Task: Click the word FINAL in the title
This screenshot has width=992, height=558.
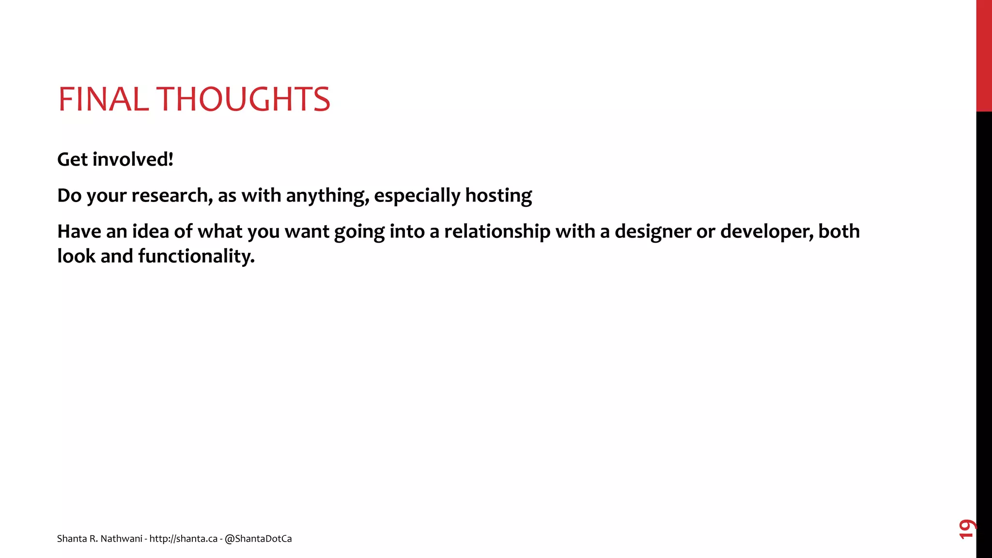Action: (x=103, y=99)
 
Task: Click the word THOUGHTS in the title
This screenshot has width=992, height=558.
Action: (x=244, y=99)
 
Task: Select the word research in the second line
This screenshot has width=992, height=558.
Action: (x=172, y=196)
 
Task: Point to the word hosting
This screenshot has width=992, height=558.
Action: (x=498, y=196)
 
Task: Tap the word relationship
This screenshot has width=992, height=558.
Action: (x=497, y=232)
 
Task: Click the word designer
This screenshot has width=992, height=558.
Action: (x=652, y=232)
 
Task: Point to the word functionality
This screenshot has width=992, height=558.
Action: (x=196, y=256)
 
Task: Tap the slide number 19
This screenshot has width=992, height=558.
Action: (x=967, y=529)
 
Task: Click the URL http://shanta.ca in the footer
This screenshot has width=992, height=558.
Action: (x=183, y=539)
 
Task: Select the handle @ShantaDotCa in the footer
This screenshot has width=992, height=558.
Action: (x=258, y=539)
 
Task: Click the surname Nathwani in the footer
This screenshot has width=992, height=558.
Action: (x=121, y=539)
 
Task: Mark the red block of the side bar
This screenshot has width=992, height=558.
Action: (x=984, y=56)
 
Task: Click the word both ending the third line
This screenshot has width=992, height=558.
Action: (x=839, y=232)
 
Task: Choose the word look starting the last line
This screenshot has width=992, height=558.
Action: (x=76, y=256)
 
